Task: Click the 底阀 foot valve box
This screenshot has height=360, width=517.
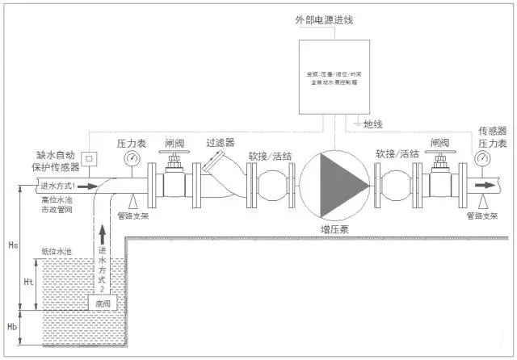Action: (102, 303)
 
